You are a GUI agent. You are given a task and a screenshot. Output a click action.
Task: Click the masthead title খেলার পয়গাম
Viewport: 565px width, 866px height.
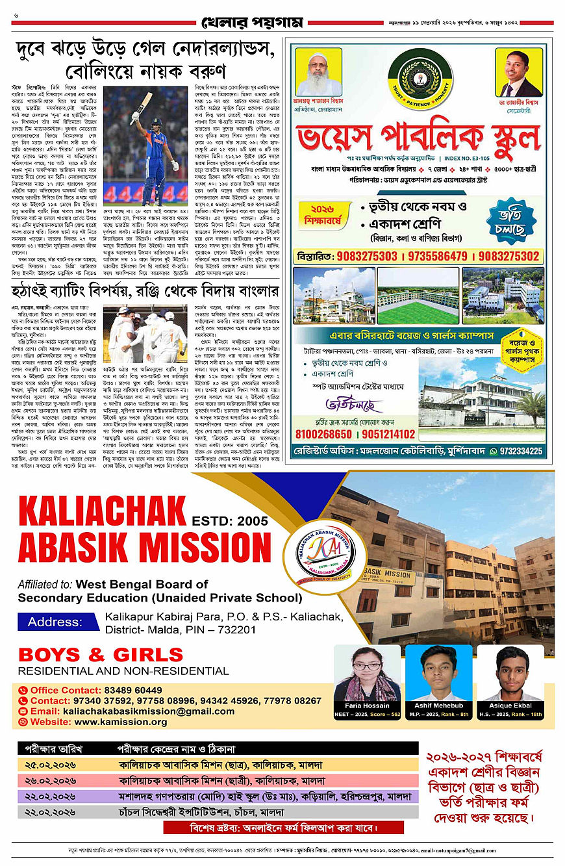point(251,23)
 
